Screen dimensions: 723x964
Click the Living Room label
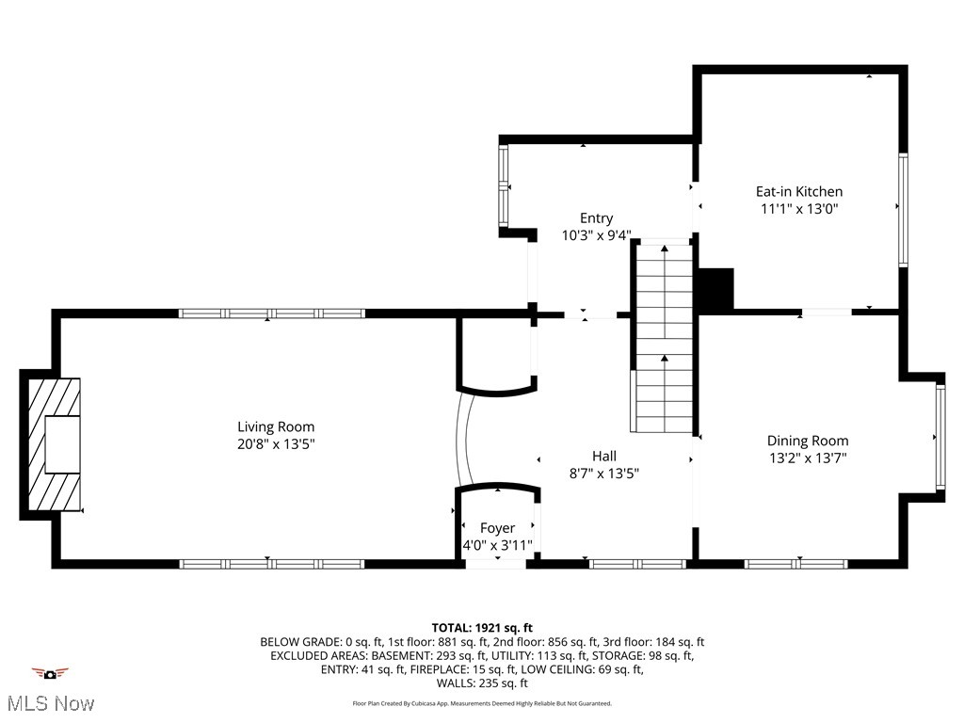point(276,426)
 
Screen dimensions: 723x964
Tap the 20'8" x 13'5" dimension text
point(276,443)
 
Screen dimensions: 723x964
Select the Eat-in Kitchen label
point(799,191)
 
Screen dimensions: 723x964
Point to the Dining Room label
point(808,441)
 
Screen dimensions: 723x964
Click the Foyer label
point(497,528)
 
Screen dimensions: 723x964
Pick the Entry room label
point(596,218)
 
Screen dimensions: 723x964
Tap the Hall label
point(604,457)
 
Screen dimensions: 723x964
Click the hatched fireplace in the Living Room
point(54,443)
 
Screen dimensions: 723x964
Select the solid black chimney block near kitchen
point(715,290)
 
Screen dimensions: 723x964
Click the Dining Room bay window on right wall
point(940,436)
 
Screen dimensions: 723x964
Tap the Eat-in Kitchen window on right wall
point(903,210)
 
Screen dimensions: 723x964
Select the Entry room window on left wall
point(503,186)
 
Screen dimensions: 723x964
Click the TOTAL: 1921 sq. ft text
point(482,628)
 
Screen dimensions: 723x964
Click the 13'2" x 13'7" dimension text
point(808,458)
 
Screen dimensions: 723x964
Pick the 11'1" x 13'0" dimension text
point(799,209)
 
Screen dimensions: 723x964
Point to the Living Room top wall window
point(271,313)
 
